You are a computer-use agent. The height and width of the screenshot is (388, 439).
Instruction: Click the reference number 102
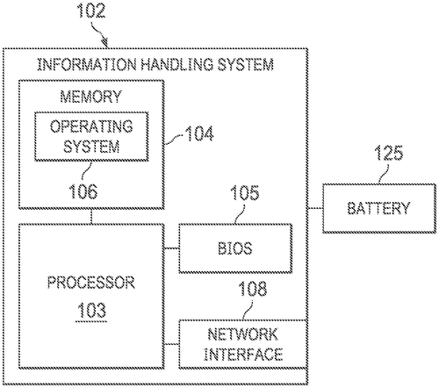coord(91,11)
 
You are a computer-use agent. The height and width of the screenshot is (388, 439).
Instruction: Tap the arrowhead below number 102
coord(105,43)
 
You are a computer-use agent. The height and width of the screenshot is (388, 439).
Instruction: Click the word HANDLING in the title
coord(176,64)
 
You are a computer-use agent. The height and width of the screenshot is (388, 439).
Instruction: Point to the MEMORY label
coord(90,97)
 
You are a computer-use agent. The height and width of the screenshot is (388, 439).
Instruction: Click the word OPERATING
coord(91,126)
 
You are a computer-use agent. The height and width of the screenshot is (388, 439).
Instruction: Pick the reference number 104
coord(199,134)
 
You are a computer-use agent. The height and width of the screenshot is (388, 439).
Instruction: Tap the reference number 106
coord(83,191)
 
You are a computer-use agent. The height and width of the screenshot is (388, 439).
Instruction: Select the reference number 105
coord(245,193)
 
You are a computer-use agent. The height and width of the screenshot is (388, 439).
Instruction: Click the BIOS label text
coord(235,248)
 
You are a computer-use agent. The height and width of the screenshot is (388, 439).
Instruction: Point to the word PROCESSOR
coord(91,283)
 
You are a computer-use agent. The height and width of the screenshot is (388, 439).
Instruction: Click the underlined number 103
coord(91,311)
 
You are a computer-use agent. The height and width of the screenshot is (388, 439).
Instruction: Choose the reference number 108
coord(253,289)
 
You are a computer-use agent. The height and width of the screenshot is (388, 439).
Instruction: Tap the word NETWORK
coord(243,334)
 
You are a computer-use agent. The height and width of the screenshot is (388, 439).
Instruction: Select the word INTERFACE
coord(243,355)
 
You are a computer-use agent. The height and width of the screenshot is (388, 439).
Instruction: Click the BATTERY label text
coord(379,208)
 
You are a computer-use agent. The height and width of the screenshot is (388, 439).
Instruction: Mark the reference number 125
coord(389,153)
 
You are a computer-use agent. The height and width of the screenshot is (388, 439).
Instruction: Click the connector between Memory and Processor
coord(91,217)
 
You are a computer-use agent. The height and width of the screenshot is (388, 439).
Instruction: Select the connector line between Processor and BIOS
coord(171,248)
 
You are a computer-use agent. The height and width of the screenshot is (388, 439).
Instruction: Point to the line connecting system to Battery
coord(315,208)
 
